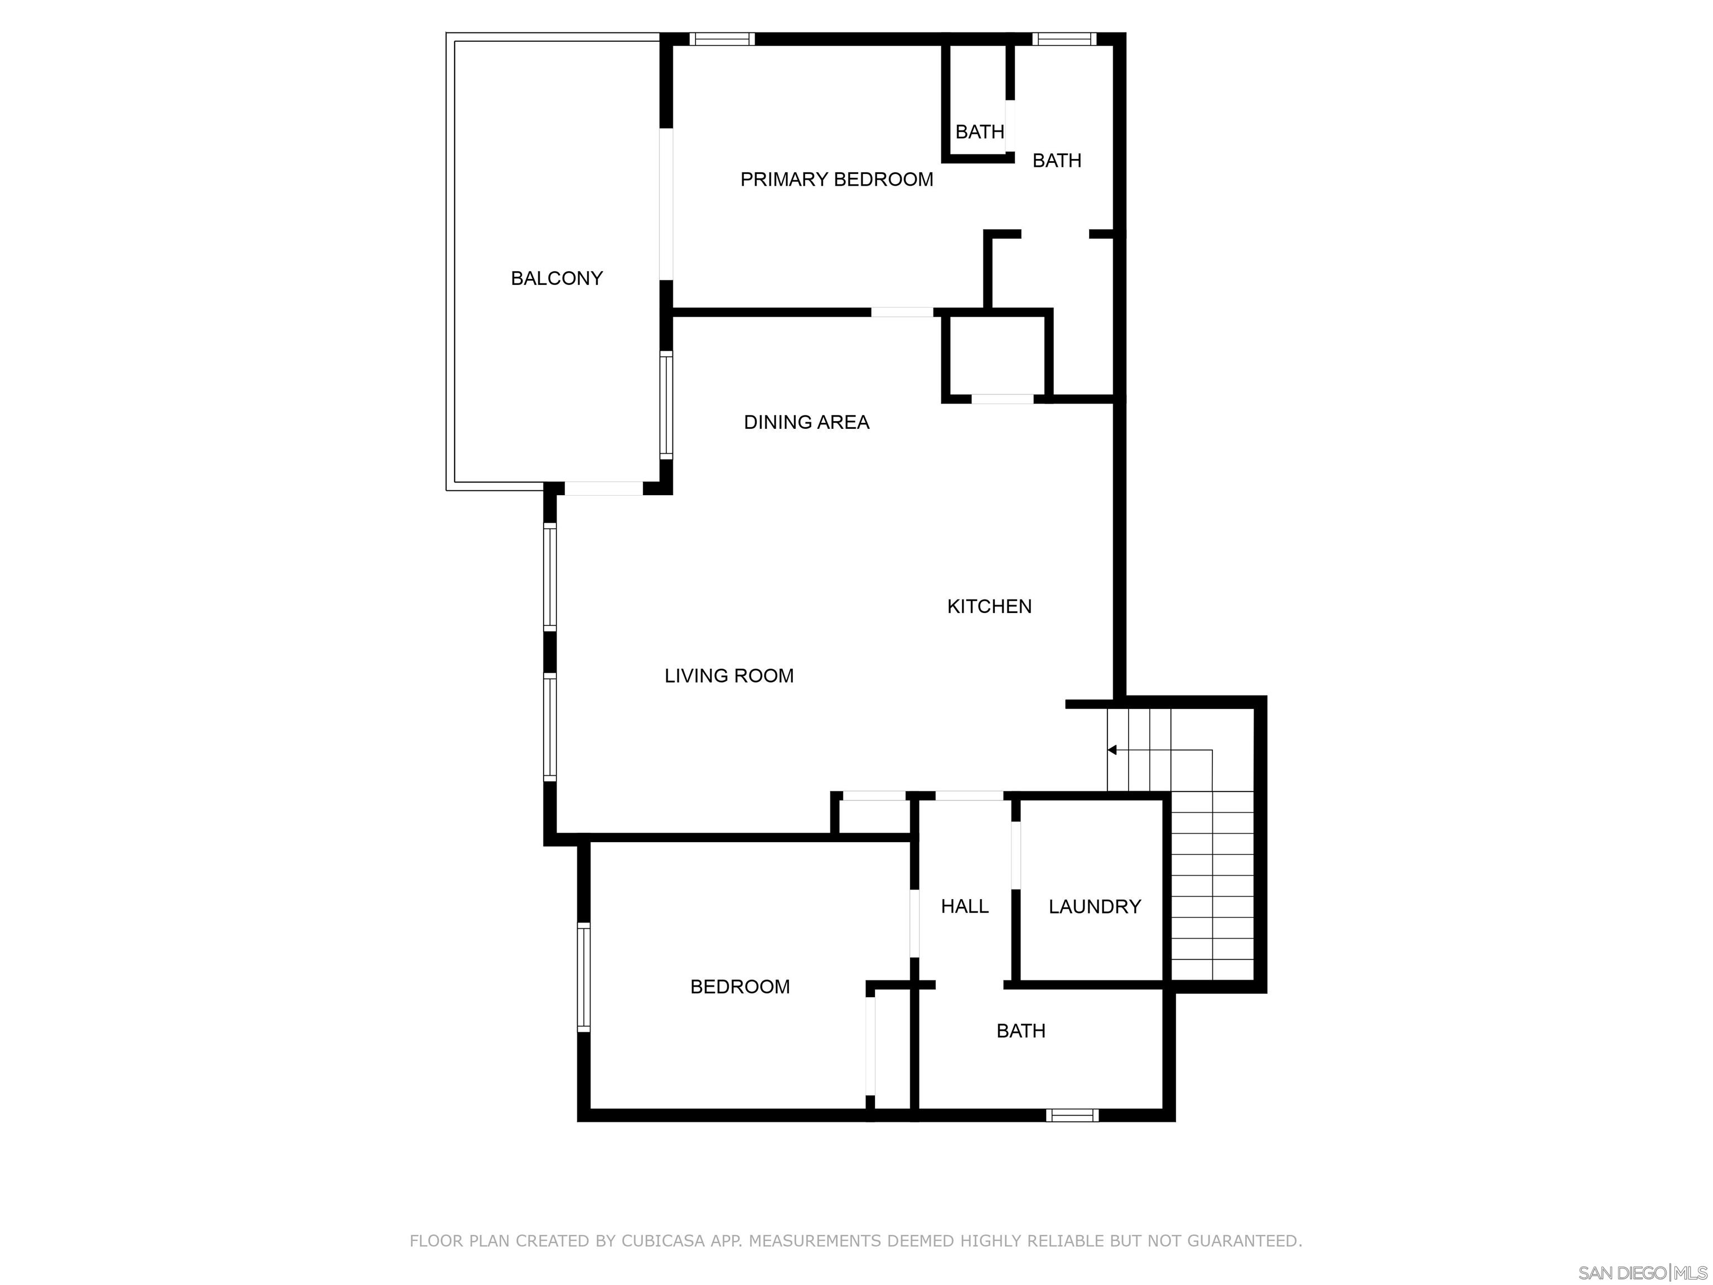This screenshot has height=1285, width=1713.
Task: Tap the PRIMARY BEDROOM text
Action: pos(836,180)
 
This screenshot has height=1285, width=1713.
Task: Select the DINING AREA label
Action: pos(806,422)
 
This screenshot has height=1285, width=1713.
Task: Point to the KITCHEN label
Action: pos(989,606)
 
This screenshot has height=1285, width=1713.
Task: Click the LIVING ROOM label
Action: pos(729,675)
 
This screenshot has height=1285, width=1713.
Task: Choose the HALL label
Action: pos(964,906)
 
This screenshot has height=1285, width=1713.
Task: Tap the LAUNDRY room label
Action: pos(1094,906)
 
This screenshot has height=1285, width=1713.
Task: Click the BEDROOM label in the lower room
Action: pos(739,987)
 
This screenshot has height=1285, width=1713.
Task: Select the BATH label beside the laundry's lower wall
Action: pos(1020,1031)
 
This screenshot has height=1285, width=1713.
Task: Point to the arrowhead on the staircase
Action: pos(1112,750)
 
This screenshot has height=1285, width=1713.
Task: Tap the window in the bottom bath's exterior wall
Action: pos(1072,1115)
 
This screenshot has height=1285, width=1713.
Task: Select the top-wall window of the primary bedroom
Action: pos(721,38)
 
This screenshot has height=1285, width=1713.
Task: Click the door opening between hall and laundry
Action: pos(1015,854)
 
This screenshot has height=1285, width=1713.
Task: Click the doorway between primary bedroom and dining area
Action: pos(902,312)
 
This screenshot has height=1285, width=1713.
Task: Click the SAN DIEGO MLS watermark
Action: pos(1642,1273)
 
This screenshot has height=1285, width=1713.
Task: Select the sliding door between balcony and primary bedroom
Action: pos(666,204)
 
